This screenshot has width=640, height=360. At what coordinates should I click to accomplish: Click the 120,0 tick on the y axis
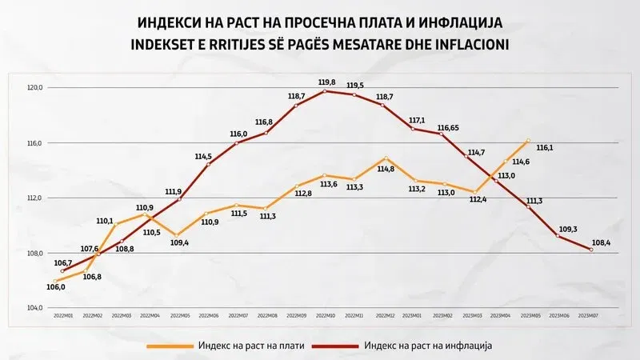coord(35,88)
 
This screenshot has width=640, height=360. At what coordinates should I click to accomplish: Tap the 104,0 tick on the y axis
coord(35,308)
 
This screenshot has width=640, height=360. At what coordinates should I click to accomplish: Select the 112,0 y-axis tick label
coord(35,198)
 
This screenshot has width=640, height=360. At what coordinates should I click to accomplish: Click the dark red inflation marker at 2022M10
coord(325,91)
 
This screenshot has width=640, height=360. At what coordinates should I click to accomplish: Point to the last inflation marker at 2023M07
coord(591,250)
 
